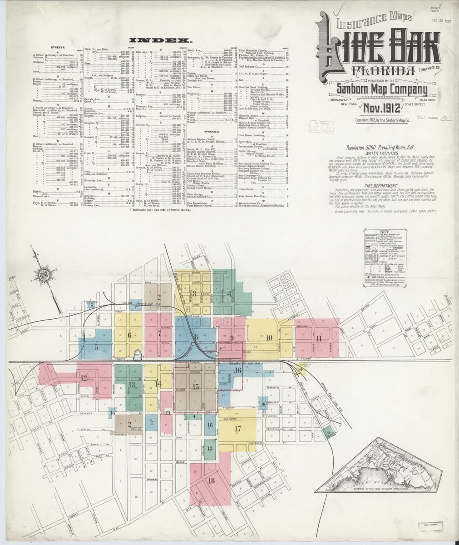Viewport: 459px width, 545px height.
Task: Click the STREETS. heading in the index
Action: pyautogui.click(x=59, y=47)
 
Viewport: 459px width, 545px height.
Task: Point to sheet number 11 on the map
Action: pyautogui.click(x=319, y=339)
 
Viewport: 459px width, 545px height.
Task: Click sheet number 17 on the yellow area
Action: pyautogui.click(x=237, y=428)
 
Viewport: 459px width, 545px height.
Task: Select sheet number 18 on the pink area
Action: pyautogui.click(x=211, y=481)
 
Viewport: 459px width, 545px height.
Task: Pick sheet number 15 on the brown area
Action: pyautogui.click(x=196, y=386)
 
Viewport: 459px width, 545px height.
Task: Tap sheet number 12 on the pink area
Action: pyautogui.click(x=84, y=377)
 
